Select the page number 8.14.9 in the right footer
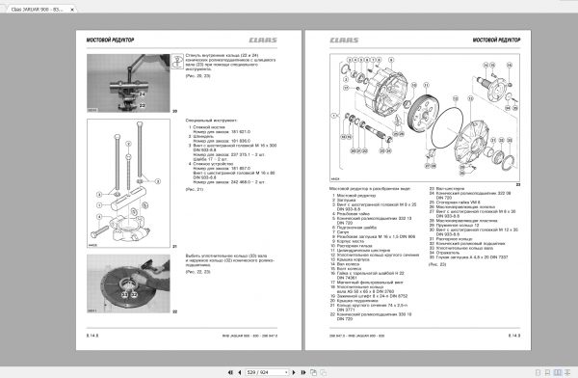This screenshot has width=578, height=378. click(512, 334)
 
